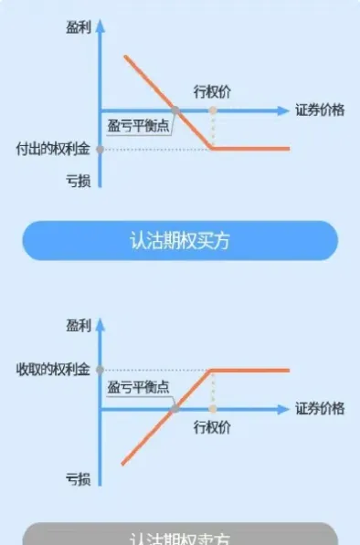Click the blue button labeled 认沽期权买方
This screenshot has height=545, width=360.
click(x=180, y=240)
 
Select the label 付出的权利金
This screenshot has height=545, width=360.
click(x=53, y=148)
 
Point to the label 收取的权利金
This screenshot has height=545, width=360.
click(x=53, y=370)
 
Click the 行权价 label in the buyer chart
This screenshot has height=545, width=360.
click(x=212, y=90)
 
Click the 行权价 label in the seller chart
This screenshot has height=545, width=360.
click(x=212, y=426)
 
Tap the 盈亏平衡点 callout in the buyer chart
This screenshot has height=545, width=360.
click(x=138, y=126)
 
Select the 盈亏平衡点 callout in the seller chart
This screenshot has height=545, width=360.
click(x=138, y=387)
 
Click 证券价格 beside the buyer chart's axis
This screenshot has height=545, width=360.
click(x=320, y=110)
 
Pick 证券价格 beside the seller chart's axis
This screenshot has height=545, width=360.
click(x=320, y=409)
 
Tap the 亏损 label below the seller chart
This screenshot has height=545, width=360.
click(x=79, y=477)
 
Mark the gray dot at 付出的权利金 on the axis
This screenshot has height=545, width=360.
click(x=100, y=148)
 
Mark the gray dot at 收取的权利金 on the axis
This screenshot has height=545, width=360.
click(x=100, y=370)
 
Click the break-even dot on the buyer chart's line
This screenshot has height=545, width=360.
click(x=175, y=110)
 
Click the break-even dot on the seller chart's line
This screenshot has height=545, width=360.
click(x=174, y=409)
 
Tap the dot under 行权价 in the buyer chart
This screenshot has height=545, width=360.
click(x=212, y=110)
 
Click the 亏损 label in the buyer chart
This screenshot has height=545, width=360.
click(x=79, y=180)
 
